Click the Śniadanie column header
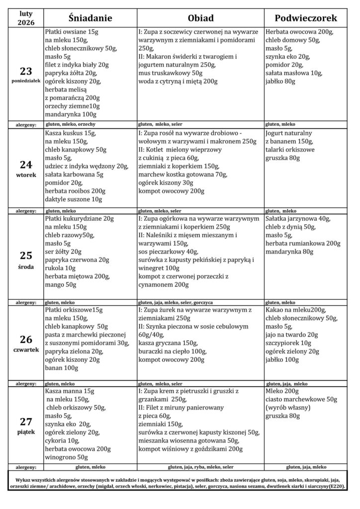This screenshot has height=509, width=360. [x=90, y=18]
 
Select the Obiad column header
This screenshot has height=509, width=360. [x=200, y=18]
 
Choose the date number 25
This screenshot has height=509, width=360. [x=26, y=255]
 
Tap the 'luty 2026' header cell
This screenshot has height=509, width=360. [x=23, y=18]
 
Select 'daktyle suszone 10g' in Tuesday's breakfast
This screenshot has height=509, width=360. [x=74, y=199]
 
